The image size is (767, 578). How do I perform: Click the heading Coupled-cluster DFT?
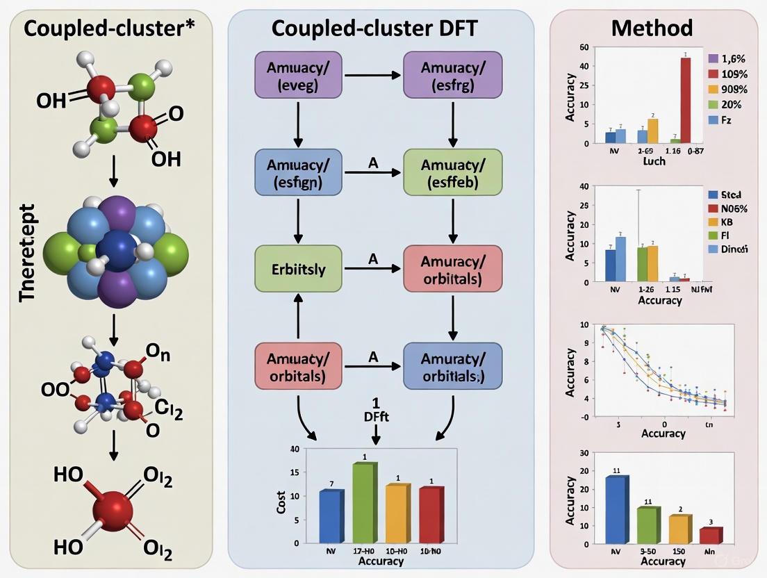click(x=381, y=28)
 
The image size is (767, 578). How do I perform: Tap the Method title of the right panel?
click(x=652, y=28)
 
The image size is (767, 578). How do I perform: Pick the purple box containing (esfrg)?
click(x=453, y=76)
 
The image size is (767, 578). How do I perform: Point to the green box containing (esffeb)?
click(x=453, y=173)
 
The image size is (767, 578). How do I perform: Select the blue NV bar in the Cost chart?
click(x=331, y=517)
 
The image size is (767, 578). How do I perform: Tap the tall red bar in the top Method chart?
click(x=685, y=100)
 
